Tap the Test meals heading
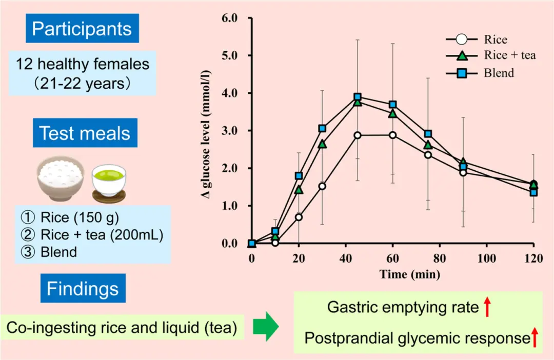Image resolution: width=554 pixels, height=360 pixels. [85, 133]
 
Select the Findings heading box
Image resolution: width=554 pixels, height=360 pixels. [82, 289]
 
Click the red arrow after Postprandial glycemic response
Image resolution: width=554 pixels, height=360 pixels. [535, 338]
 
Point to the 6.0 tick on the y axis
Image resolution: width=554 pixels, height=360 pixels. [229, 18]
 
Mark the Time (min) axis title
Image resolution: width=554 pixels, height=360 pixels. [410, 274]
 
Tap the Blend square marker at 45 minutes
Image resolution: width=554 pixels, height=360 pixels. [358, 97]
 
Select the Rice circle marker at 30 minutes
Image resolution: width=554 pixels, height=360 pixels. [322, 186]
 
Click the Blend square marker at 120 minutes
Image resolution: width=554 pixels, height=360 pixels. [533, 192]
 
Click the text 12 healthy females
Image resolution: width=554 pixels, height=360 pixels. [82, 65]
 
